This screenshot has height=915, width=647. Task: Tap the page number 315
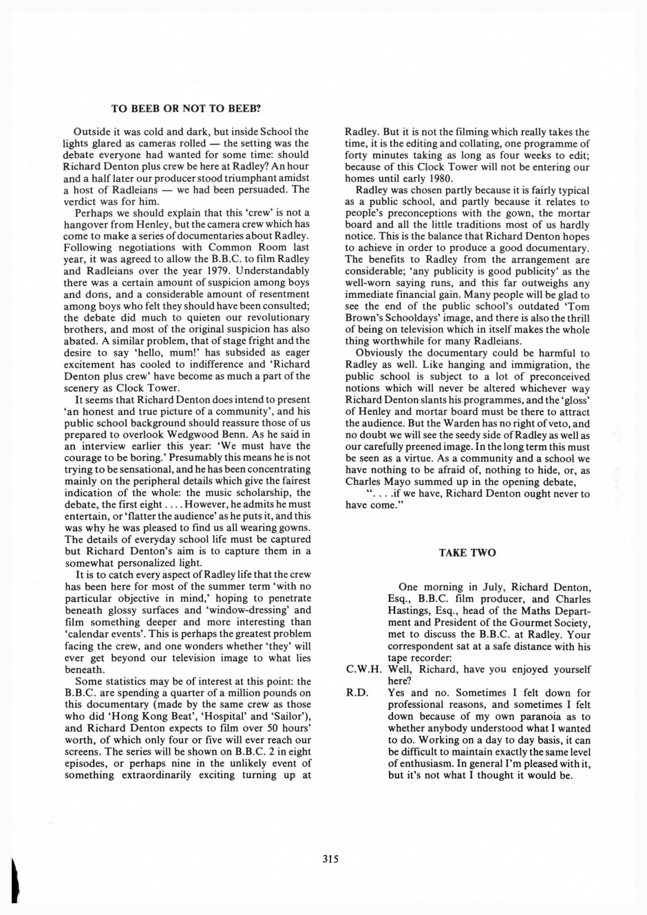(x=330, y=858)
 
